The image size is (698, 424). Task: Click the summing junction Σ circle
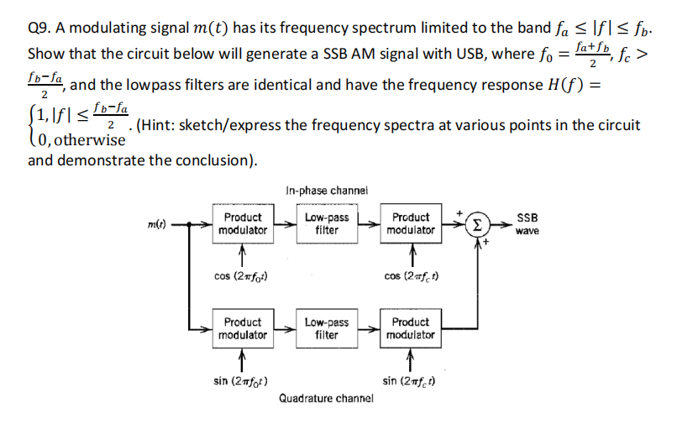(x=476, y=224)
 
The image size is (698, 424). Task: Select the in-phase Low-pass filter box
(x=327, y=223)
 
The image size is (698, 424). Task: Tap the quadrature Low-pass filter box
(x=327, y=328)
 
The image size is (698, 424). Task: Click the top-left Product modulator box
(x=243, y=223)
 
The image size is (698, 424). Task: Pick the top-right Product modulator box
(x=411, y=223)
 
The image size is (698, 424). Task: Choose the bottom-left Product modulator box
(x=243, y=328)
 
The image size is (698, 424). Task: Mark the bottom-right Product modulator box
(x=411, y=328)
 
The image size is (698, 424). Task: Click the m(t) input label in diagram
(x=156, y=224)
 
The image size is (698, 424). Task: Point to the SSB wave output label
(x=527, y=223)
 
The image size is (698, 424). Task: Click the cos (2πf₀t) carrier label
(x=242, y=276)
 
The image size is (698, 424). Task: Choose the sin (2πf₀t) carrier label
(x=242, y=380)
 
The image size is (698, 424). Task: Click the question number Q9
(x=39, y=29)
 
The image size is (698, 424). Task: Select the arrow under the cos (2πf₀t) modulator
(x=242, y=251)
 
